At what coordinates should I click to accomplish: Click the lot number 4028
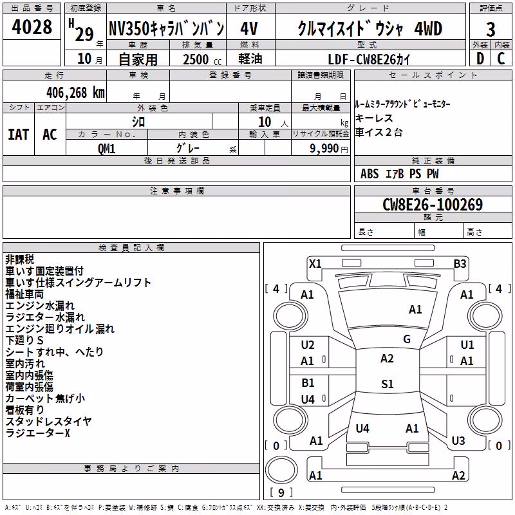click(x=32, y=27)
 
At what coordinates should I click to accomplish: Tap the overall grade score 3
click(x=491, y=30)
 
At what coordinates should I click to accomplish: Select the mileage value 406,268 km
click(x=75, y=93)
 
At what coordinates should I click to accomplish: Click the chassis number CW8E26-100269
click(x=433, y=204)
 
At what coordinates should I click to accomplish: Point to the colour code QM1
click(x=107, y=149)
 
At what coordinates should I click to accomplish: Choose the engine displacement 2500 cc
click(x=202, y=59)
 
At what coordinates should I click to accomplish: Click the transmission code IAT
click(x=19, y=135)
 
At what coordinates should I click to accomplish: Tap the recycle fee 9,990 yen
click(x=329, y=149)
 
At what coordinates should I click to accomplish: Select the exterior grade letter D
click(x=480, y=59)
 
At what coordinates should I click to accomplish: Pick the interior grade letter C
click(x=501, y=59)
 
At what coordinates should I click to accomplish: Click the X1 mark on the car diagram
click(x=315, y=264)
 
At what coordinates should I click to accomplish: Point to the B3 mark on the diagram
click(x=460, y=264)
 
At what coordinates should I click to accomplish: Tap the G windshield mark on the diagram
click(x=407, y=339)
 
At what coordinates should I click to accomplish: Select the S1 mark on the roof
click(x=388, y=384)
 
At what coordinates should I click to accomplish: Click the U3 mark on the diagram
click(x=458, y=441)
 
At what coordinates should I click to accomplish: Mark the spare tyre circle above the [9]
click(x=281, y=470)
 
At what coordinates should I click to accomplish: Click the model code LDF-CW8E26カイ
click(x=369, y=59)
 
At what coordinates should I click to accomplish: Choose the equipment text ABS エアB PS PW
click(x=399, y=174)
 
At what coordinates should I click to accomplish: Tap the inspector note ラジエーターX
click(x=38, y=433)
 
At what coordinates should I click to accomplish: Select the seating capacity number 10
click(x=265, y=122)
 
